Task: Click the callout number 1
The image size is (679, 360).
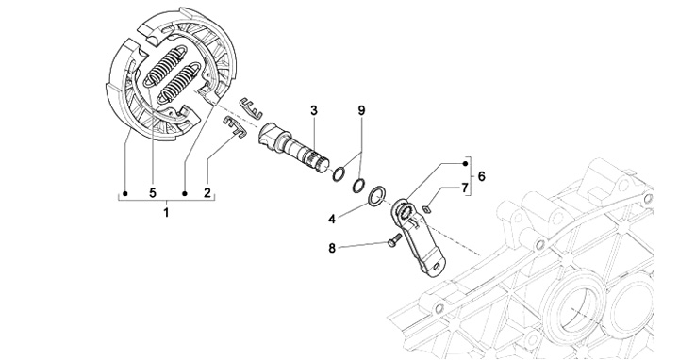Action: pos(166,212)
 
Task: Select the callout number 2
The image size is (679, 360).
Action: pos(207,192)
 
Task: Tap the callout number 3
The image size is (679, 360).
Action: pos(314,110)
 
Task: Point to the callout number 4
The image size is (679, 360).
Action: pos(332,219)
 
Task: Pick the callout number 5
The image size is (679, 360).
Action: pos(153,192)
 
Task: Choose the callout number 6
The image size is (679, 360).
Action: pos(482,176)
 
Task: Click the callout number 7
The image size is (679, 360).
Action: pos(465,188)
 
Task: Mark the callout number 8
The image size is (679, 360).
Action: pos(332,249)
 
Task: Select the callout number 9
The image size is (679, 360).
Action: pos(361,110)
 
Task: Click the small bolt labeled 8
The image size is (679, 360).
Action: pos(392,239)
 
